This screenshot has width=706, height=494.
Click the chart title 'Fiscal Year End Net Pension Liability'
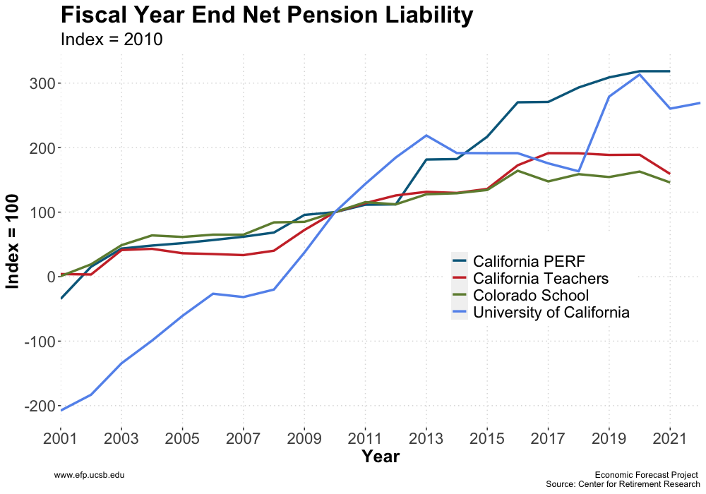coord(266,16)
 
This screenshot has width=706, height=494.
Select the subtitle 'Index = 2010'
coord(112,40)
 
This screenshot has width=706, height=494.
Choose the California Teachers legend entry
coord(541,278)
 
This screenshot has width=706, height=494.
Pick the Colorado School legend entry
coord(531,295)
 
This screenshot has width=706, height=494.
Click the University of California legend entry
coord(551,312)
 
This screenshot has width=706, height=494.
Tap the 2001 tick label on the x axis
coord(61,438)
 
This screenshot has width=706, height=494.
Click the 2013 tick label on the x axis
coord(426,438)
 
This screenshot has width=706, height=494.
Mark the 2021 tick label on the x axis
coord(669,438)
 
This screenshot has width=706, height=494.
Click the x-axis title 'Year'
coord(381,457)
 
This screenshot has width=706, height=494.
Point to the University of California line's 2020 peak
coord(640,74)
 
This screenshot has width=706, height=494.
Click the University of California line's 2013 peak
coord(426,135)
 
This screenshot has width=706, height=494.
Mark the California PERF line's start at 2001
coord(61,298)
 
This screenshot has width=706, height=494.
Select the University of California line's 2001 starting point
coord(61,410)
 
